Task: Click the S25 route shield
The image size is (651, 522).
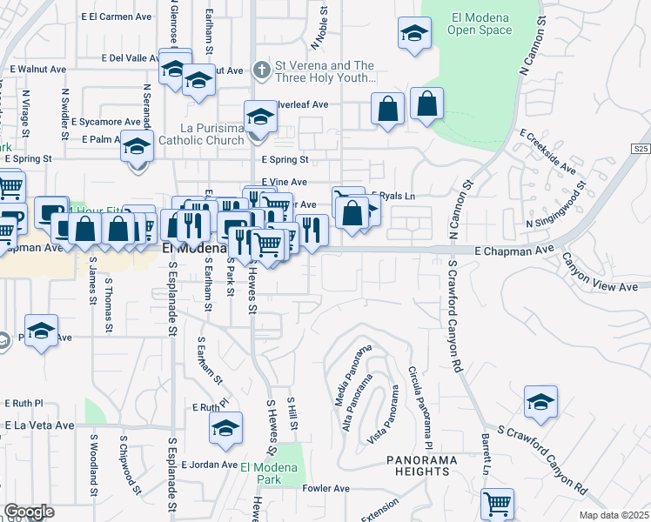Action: tap(641, 149)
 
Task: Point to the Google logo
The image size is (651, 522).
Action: tap(29, 512)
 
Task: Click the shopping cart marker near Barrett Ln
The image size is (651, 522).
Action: tap(497, 503)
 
